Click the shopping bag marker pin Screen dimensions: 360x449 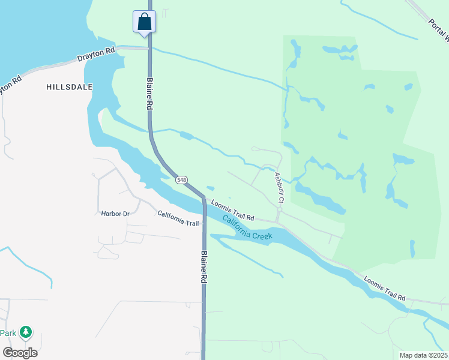[144, 23]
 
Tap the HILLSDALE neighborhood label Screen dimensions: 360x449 [70, 87]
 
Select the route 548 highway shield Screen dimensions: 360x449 [182, 179]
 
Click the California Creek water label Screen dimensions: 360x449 [247, 228]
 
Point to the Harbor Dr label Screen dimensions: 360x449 [115, 213]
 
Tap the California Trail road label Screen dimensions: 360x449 [178, 218]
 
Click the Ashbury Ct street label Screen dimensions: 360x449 [279, 187]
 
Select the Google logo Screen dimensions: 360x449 [20, 352]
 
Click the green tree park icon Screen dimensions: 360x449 [25, 332]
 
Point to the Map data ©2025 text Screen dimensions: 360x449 [423, 355]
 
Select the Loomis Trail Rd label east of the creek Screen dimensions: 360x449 [385, 289]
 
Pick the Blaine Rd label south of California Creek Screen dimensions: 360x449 [205, 267]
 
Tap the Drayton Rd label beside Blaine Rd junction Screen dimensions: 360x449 [96, 57]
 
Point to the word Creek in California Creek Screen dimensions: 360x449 [262, 235]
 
